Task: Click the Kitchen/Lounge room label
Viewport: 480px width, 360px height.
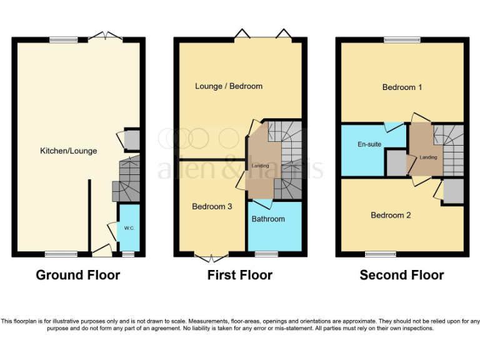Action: [x=68, y=151]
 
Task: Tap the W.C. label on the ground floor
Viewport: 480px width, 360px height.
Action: [x=129, y=228]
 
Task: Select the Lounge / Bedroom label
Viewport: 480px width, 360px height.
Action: [x=229, y=86]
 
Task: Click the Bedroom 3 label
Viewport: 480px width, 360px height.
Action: [x=212, y=206]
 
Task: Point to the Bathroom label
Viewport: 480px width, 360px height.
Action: [x=268, y=219]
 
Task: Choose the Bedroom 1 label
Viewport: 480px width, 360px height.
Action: [x=402, y=87]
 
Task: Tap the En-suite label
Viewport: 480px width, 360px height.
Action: [x=369, y=144]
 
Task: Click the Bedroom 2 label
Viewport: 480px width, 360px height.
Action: [x=391, y=215]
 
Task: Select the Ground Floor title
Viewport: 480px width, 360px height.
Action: [x=78, y=275]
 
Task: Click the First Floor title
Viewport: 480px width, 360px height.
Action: [x=240, y=275]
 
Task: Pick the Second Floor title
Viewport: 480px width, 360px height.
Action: [x=402, y=275]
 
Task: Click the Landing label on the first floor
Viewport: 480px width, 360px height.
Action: [x=261, y=166]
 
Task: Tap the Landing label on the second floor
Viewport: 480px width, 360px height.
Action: [x=428, y=157]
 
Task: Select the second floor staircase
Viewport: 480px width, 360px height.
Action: [x=451, y=150]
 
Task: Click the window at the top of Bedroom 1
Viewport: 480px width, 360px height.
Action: [x=402, y=40]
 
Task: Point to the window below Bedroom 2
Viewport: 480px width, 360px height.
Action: [x=381, y=254]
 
